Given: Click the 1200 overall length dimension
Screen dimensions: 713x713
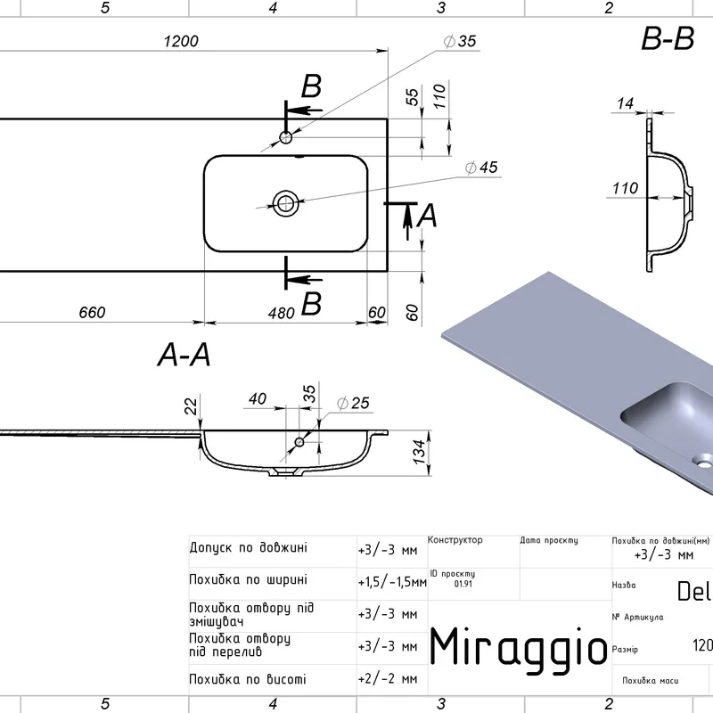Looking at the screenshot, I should coord(181,41).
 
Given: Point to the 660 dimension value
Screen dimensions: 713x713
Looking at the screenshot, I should coord(92,312).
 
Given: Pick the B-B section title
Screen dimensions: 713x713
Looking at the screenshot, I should coord(667,40).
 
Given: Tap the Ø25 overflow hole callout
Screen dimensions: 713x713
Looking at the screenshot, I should coord(353,404).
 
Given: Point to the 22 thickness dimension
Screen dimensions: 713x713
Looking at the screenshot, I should coord(189,406).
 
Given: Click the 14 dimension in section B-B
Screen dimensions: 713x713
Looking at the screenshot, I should coord(625,103).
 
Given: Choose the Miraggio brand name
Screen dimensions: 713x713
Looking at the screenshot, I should coord(519,644).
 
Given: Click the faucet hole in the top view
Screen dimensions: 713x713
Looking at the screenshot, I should coord(286,137).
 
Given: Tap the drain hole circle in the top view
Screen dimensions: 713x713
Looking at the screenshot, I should coord(286,202).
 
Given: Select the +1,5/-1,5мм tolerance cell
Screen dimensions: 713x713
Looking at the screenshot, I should coord(391,582).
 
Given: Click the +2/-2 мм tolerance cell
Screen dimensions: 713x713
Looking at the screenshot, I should coord(388,678).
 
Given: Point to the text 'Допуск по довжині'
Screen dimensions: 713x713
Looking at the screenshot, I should coord(249,547).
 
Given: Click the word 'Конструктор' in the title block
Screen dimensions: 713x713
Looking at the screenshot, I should coord(455,540).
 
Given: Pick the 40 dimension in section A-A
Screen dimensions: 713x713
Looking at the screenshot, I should coord(258,400).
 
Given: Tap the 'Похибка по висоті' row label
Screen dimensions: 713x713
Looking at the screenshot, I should coord(248,678).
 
